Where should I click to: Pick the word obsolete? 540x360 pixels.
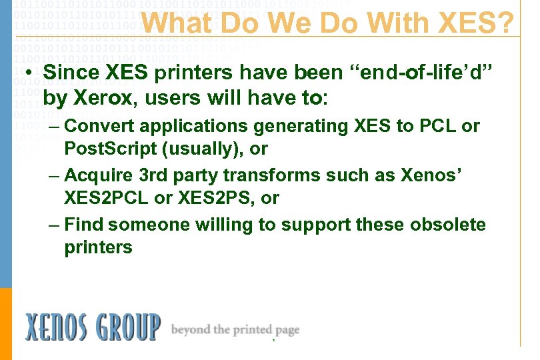point(448,225)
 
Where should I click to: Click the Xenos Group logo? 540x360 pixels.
point(93,327)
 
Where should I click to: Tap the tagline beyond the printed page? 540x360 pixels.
point(235,329)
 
